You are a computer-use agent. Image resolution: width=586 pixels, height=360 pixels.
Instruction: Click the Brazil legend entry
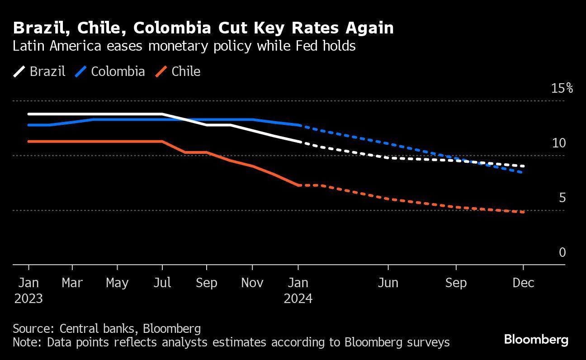39,71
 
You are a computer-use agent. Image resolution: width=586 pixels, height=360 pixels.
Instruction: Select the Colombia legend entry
110,71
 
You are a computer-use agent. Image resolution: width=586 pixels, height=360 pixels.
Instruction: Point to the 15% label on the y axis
562,88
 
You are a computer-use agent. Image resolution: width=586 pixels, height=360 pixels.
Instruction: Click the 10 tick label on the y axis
559,143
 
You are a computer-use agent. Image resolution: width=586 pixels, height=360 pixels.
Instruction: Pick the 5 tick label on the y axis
562,198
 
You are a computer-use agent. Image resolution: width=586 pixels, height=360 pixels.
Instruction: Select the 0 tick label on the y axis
562,252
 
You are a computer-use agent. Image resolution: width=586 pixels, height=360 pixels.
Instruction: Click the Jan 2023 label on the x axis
28,290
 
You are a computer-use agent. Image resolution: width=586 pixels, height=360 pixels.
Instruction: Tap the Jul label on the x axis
162,283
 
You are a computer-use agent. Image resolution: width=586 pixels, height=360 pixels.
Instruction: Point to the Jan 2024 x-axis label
298,290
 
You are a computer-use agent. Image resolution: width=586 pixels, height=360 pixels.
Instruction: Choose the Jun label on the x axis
388,283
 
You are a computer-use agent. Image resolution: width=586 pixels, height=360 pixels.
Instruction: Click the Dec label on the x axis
523,283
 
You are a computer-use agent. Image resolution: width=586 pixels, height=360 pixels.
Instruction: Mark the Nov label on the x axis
252,283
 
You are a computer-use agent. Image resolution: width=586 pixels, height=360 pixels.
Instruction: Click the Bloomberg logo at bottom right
536,339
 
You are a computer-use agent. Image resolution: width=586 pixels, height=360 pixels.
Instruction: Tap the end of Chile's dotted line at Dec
523,212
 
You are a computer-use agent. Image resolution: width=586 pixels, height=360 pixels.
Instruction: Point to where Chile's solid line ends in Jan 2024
298,185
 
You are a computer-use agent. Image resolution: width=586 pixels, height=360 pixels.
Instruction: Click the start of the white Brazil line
28,114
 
